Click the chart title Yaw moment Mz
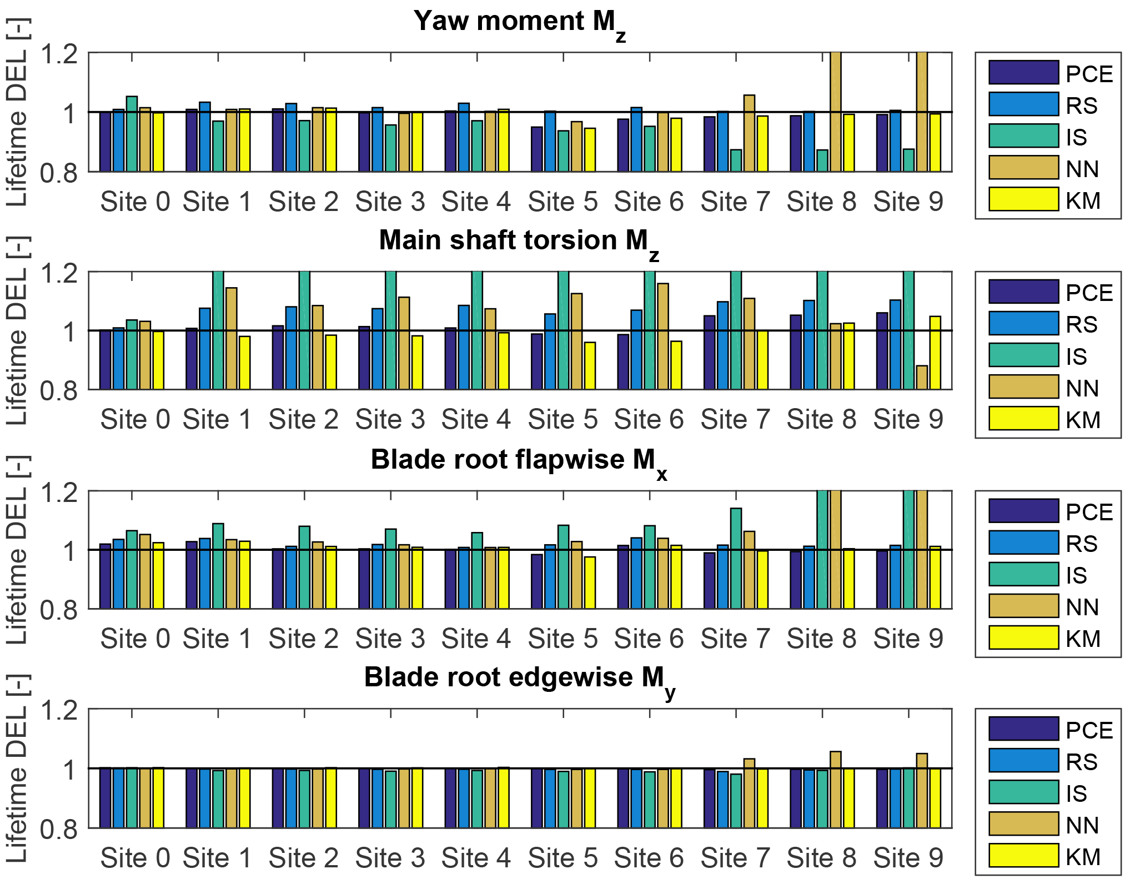(520, 22)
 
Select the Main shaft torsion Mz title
(519, 242)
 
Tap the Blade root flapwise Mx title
(519, 461)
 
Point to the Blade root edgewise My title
(520, 679)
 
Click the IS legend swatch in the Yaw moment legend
(1023, 136)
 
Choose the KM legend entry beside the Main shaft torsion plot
(1023, 419)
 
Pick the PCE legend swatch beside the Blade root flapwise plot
(1023, 511)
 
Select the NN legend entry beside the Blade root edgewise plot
(1023, 824)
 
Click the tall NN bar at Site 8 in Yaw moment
(835, 111)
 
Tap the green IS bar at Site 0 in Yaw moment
(132, 134)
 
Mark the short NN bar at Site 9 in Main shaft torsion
(922, 378)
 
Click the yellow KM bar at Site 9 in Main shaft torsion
(935, 353)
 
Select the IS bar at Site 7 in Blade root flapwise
(736, 558)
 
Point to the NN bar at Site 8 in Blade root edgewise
(835, 789)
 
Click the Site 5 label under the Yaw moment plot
(563, 202)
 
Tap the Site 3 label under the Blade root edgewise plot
(390, 858)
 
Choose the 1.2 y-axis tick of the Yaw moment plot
(59, 54)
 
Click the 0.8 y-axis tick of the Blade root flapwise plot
(59, 610)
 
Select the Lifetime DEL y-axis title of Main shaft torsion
(17, 331)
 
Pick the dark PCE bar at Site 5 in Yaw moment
(536, 149)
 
